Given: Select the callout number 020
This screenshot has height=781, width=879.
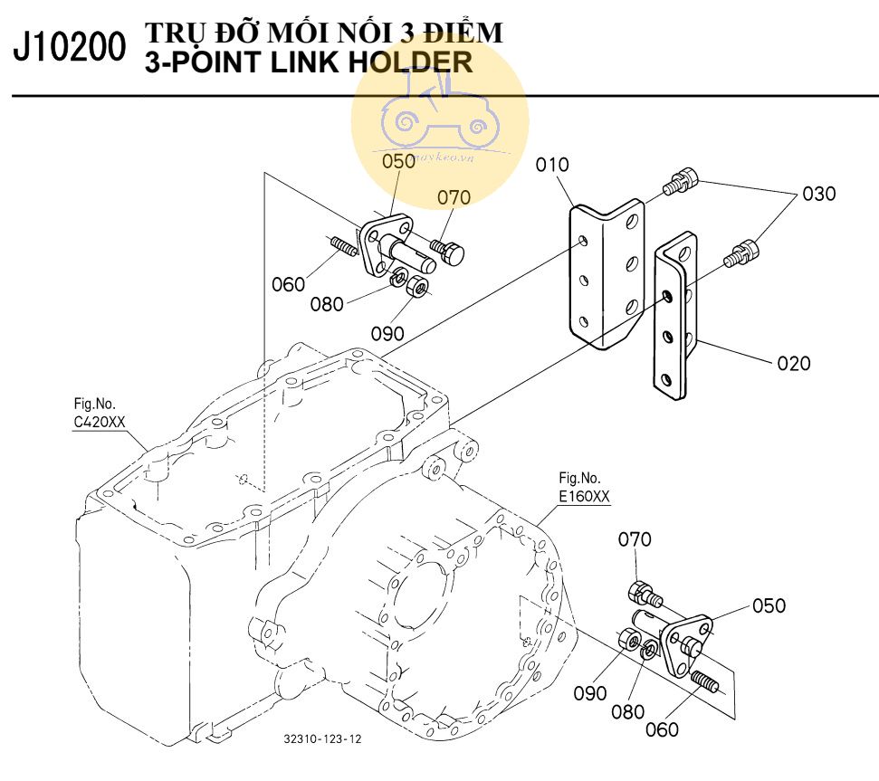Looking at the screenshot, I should pyautogui.click(x=793, y=364).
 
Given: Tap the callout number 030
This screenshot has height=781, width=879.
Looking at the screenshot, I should pyautogui.click(x=817, y=194).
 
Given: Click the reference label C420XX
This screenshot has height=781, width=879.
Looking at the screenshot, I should pyautogui.click(x=100, y=422).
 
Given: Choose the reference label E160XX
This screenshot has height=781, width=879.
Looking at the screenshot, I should pyautogui.click(x=584, y=496).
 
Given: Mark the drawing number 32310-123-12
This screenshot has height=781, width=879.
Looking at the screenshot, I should pyautogui.click(x=322, y=738).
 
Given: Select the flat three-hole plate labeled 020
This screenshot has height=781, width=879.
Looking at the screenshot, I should pyautogui.click(x=675, y=317).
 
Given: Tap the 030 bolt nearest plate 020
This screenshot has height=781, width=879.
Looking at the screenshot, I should pyautogui.click(x=741, y=253).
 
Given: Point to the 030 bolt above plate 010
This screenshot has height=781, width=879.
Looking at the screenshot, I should pyautogui.click(x=681, y=181).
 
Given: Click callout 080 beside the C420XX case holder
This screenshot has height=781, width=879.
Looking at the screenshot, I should pyautogui.click(x=326, y=304).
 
